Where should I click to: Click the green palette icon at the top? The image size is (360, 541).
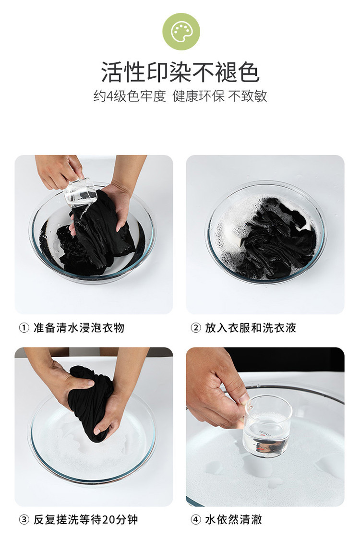pos(181,32)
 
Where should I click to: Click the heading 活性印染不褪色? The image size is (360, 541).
pos(180,72)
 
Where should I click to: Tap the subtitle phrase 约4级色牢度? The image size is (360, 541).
pos(130,96)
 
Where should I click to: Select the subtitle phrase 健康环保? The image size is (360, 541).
pos(198,96)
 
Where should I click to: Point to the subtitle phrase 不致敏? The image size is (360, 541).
pos(248,96)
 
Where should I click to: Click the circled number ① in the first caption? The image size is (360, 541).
pos(24,328)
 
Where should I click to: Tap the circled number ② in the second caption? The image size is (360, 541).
pos(196,328)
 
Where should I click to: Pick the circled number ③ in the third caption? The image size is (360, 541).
pos(24,519)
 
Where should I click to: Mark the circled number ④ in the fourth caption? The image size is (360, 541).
pos(196,519)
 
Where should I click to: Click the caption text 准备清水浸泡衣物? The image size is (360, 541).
pos(79,328)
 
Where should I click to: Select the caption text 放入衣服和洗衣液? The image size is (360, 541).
pos(251,328)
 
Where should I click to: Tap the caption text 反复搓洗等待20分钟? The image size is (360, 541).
pos(85,519)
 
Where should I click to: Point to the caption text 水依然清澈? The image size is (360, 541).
pos(234,519)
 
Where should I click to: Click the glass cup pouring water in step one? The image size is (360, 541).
pos(81,193)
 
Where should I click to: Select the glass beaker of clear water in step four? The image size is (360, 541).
pos(267,427)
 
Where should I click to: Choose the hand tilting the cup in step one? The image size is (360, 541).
pos(58,171)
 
